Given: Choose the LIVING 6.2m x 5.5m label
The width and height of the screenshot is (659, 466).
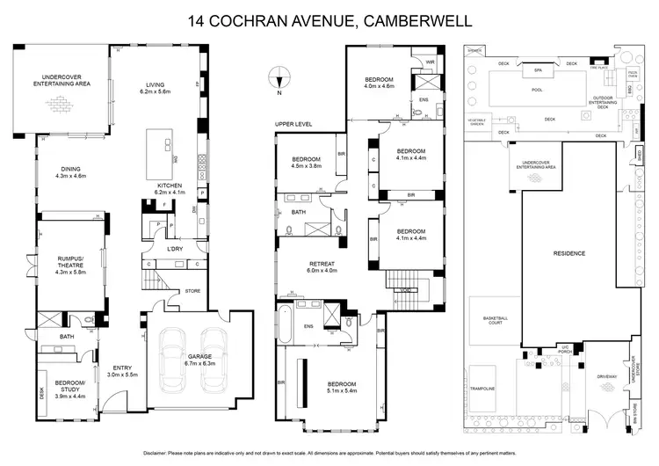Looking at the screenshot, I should pyautogui.click(x=160, y=88).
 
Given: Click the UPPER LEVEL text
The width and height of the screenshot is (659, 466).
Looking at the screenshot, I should pyautogui.click(x=292, y=124).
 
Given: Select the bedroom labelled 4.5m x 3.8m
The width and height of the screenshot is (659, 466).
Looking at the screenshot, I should pyautogui.click(x=308, y=162).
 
